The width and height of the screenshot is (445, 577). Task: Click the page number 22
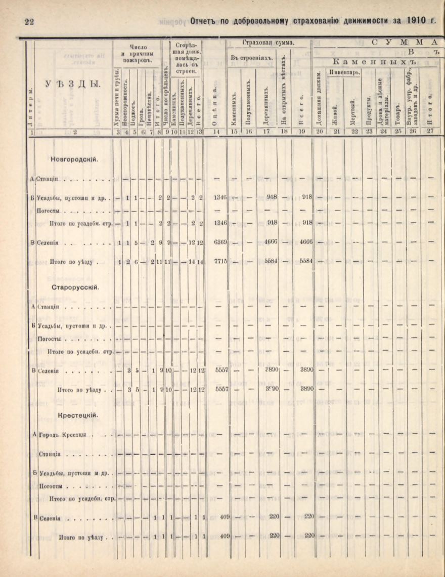pyautogui.click(x=29, y=21)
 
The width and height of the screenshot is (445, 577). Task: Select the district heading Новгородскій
pyautogui.click(x=74, y=159)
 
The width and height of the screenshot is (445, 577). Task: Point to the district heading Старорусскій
pyautogui.click(x=75, y=287)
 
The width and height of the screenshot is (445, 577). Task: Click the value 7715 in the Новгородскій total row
pyautogui.click(x=220, y=262)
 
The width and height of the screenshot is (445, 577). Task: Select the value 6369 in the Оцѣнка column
pyautogui.click(x=220, y=242)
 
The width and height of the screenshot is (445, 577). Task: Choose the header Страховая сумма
pyautogui.click(x=269, y=43)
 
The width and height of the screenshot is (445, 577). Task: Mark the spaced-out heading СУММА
pyautogui.click(x=405, y=42)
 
